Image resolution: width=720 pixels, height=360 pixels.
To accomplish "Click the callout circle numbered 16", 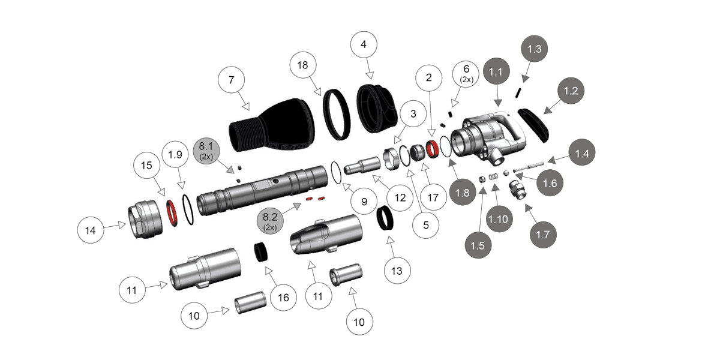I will (283, 297).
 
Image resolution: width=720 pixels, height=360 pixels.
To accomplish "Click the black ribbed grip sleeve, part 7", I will (273, 128).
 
